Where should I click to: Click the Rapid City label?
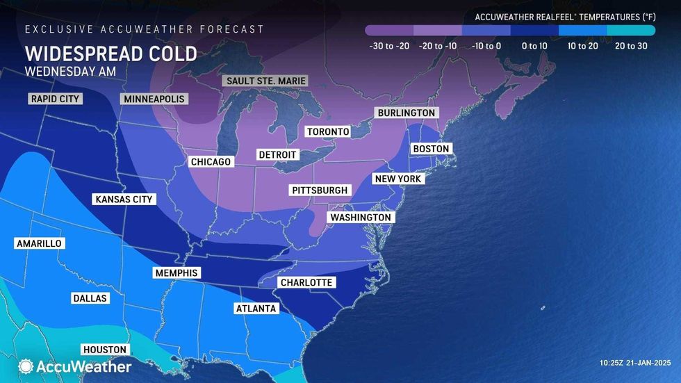pos(55,99)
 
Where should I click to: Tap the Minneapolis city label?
pos(154,99)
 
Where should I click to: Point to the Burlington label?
pos(406,113)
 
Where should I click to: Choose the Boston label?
pos(432,149)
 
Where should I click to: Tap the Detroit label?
pos(277,154)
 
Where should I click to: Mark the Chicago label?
pos(211,162)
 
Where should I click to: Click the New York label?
pos(398,179)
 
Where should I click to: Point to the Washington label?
pos(361,218)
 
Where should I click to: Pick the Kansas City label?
pos(123,199)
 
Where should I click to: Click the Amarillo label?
pos(38,243)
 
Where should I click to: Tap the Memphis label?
pos(177,273)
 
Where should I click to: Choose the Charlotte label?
pos(306,282)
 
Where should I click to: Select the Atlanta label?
pos(256,309)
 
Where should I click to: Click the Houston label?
pos(104,350)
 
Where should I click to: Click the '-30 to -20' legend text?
pos(388,46)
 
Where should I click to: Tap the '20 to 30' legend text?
pos(630,46)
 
